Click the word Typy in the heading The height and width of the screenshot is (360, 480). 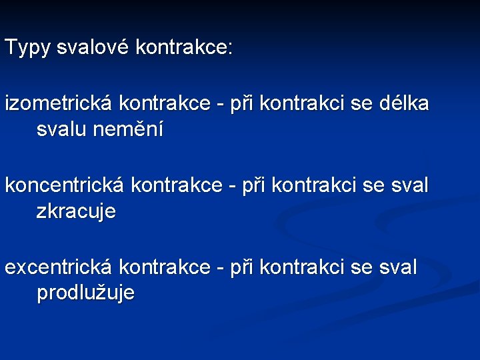27,48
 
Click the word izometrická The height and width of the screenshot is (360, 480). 59,104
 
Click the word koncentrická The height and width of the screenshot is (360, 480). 65,186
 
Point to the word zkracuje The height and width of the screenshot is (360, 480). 76,212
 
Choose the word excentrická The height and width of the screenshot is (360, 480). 59,267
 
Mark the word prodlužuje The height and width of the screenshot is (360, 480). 86,293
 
